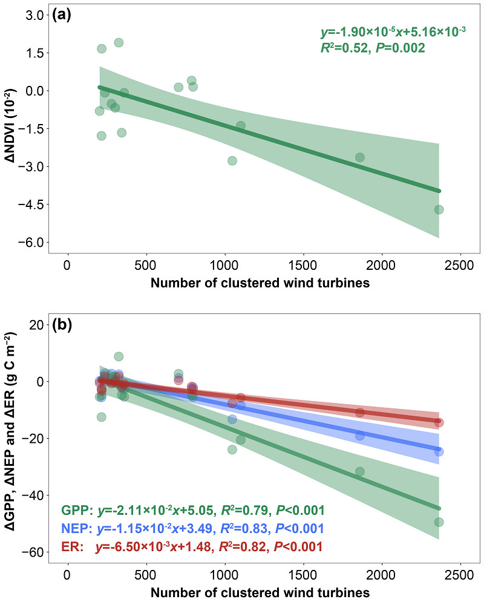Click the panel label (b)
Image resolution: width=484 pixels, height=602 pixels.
tap(62, 326)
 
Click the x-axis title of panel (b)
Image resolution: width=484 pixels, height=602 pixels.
tap(260, 592)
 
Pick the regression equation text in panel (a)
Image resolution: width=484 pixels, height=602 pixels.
tap(392, 31)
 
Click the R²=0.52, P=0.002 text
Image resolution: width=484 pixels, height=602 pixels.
tap(373, 48)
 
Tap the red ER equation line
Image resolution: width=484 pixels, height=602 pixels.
tap(192, 546)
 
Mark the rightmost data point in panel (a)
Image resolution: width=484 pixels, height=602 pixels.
tap(439, 209)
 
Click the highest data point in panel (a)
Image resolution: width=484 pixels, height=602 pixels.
tap(119, 43)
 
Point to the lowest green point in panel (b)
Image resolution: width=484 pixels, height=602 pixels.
tap(439, 522)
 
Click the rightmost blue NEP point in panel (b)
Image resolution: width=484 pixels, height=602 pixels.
tap(439, 451)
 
